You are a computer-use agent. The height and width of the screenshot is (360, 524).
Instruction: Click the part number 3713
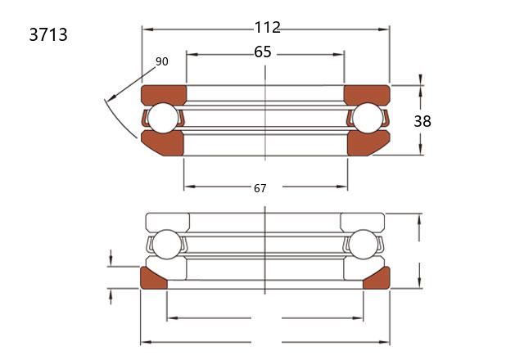click(x=48, y=34)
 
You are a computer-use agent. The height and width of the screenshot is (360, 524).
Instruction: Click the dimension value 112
click(x=268, y=27)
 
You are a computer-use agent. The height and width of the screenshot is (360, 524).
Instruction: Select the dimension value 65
click(x=263, y=52)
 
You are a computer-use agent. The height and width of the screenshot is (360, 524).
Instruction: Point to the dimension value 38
click(x=422, y=121)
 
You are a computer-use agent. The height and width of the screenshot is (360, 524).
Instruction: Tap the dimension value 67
click(x=260, y=188)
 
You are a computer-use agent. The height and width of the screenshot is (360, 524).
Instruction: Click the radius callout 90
click(x=162, y=61)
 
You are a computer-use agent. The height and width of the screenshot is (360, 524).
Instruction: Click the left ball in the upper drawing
click(x=163, y=118)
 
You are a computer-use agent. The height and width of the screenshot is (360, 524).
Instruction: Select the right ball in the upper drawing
click(x=368, y=118)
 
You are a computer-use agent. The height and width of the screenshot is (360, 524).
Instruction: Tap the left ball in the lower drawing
click(x=166, y=244)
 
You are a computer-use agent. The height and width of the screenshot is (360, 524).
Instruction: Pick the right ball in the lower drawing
click(x=364, y=244)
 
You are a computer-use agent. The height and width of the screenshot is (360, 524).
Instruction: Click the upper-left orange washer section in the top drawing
click(x=164, y=94)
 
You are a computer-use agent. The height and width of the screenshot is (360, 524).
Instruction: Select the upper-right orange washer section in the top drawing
click(x=367, y=94)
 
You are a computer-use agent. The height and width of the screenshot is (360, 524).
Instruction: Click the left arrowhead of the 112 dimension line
click(x=147, y=29)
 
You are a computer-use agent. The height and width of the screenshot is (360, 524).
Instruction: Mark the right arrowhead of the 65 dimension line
click(x=339, y=55)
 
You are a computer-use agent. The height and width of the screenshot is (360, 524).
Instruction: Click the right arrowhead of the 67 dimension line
click(x=342, y=187)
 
